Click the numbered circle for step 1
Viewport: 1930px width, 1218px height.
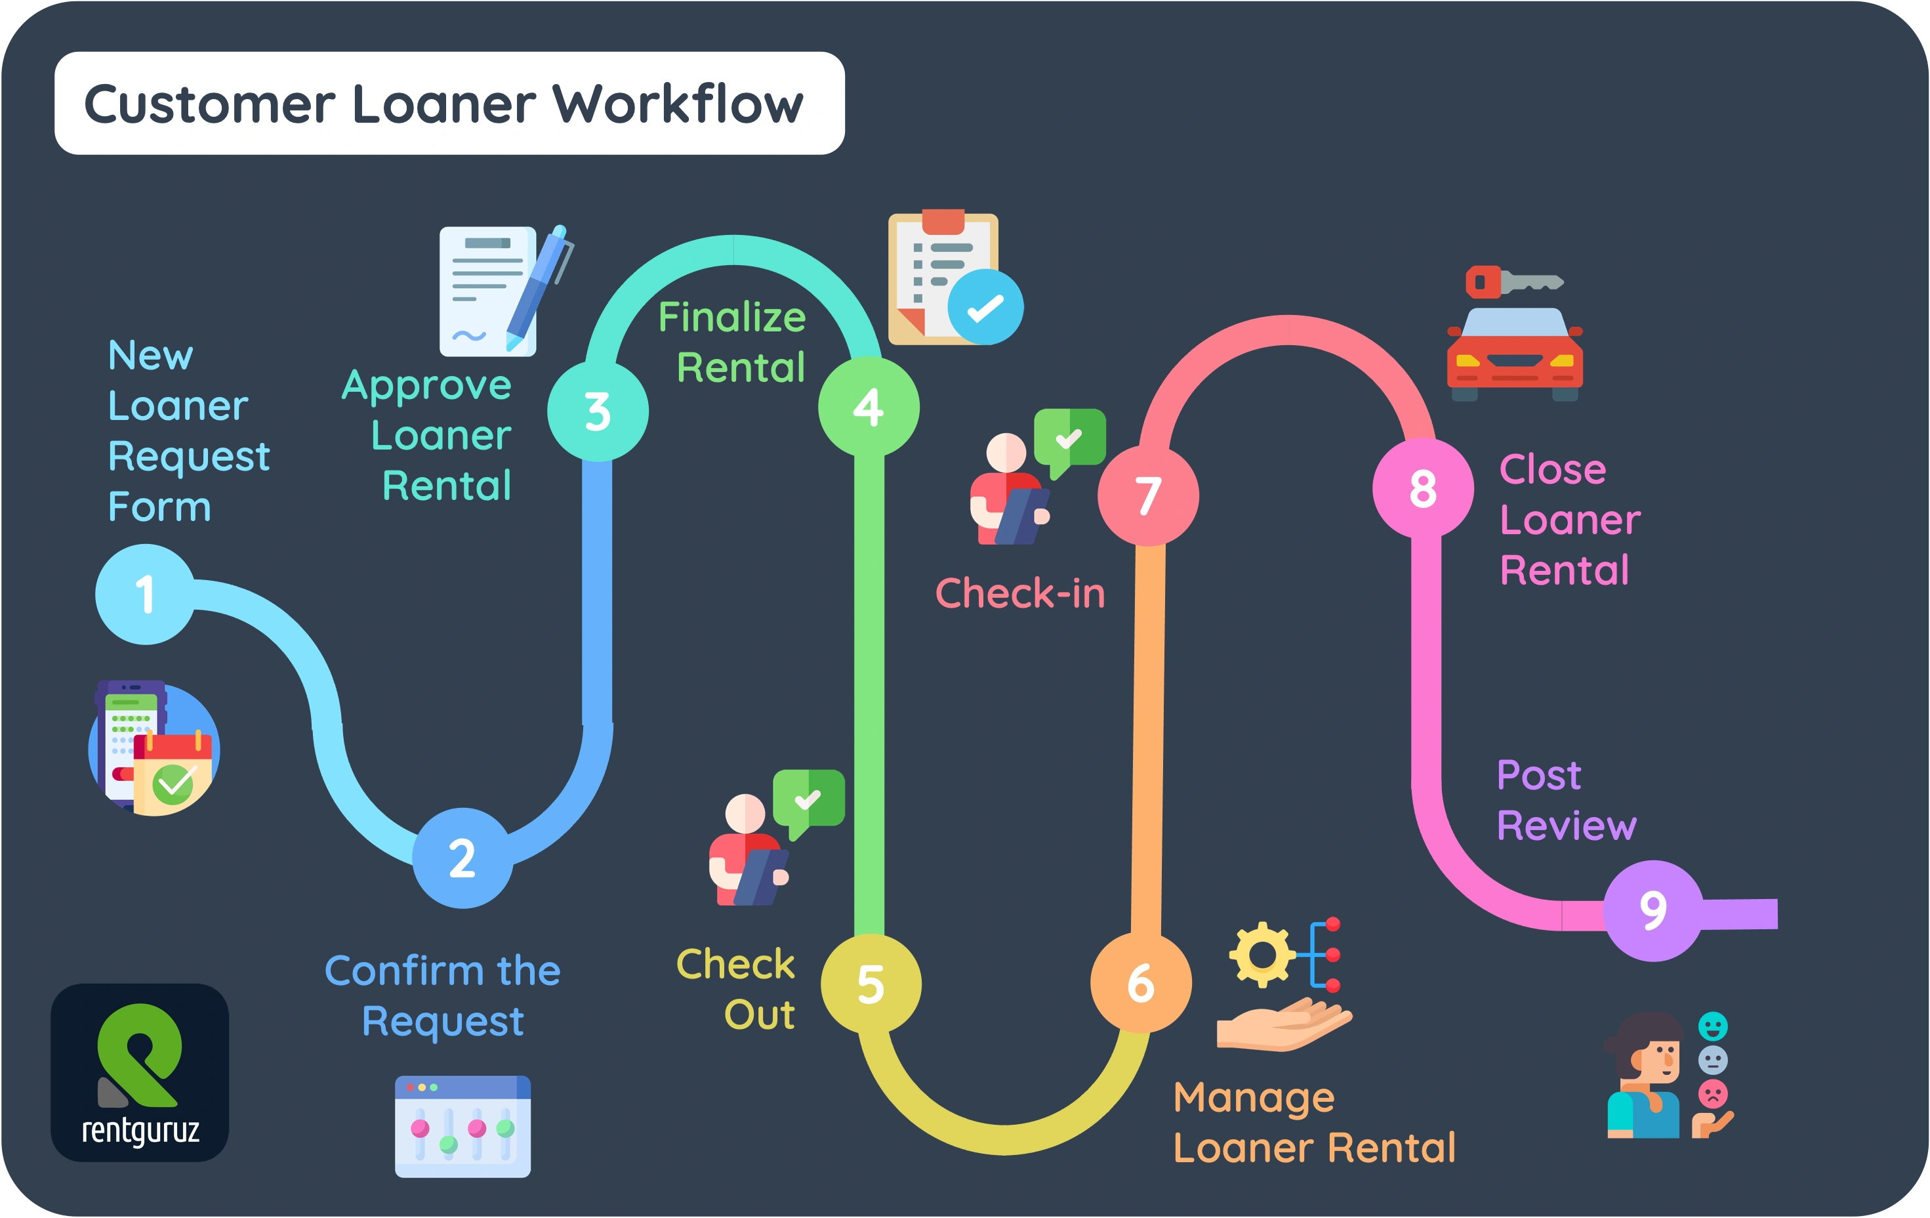145,594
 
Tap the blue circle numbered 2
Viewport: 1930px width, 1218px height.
462,858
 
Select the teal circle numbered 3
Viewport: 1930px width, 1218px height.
598,411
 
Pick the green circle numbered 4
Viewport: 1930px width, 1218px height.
869,408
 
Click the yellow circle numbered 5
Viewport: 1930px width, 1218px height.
871,984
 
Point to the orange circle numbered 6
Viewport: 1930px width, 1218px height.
1141,983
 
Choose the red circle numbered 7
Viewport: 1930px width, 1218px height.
1149,495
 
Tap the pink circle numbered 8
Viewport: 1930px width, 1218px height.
1423,488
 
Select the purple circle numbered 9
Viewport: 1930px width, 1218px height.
1653,910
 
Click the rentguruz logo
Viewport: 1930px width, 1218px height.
140,1072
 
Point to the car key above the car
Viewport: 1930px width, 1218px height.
1513,282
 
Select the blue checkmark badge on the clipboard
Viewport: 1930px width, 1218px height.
985,307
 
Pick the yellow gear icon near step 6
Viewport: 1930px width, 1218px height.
1262,954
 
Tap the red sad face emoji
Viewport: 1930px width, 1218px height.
1713,1094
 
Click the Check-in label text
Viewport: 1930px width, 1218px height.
1020,594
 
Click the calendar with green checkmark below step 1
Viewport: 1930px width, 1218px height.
173,774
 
